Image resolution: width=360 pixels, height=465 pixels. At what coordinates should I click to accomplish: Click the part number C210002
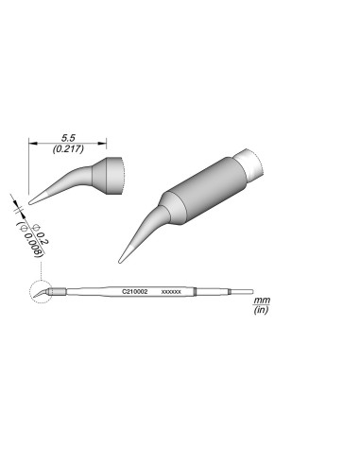pyautogui.click(x=135, y=291)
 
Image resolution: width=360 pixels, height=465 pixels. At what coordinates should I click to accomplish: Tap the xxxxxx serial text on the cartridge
pyautogui.click(x=171, y=292)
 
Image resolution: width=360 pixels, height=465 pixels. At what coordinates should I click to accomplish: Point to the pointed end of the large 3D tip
pyautogui.click(x=121, y=259)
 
